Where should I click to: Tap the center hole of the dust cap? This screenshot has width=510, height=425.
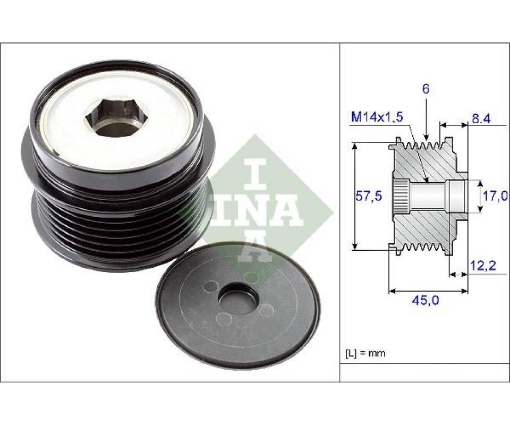(239, 298)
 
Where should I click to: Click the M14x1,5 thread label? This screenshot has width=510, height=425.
(377, 116)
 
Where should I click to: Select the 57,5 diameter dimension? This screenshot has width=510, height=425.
(369, 196)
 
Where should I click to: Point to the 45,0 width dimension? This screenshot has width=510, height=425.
(426, 300)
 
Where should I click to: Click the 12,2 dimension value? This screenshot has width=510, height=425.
(483, 266)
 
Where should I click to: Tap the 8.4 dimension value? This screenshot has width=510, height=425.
(481, 119)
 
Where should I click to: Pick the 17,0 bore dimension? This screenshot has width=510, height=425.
(495, 196)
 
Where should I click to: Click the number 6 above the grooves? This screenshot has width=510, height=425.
(426, 89)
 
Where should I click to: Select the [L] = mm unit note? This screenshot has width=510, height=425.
(365, 353)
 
